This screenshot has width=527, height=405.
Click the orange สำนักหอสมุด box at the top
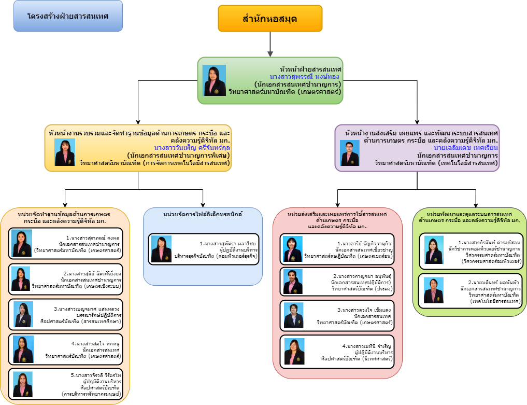270,19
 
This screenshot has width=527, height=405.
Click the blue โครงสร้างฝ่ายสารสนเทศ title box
68,16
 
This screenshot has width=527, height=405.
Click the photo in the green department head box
214,80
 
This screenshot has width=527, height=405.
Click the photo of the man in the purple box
350,153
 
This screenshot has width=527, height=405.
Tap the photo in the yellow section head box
65,152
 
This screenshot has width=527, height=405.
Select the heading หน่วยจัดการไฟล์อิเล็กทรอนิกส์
203,214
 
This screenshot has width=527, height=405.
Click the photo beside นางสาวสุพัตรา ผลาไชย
161,249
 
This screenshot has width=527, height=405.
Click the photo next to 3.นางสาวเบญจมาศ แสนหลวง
23,314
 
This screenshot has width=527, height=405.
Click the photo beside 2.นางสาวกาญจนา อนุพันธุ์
293,282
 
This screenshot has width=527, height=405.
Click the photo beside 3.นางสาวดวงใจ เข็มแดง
293,315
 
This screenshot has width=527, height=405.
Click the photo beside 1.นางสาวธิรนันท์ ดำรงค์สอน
434,250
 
